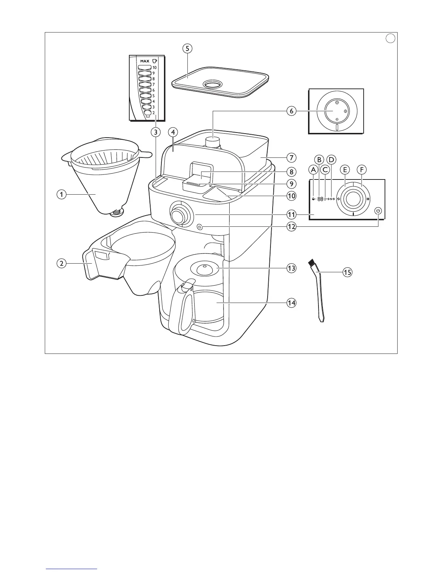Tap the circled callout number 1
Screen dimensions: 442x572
(62, 194)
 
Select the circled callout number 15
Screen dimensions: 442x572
(347, 272)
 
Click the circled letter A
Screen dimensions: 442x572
(313, 169)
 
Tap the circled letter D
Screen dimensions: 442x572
(331, 159)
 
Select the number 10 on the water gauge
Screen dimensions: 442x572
(155, 68)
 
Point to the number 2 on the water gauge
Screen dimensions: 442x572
(153, 113)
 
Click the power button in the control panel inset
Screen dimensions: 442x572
(378, 211)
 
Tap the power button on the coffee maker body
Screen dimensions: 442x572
(200, 227)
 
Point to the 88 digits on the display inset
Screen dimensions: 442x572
(320, 199)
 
